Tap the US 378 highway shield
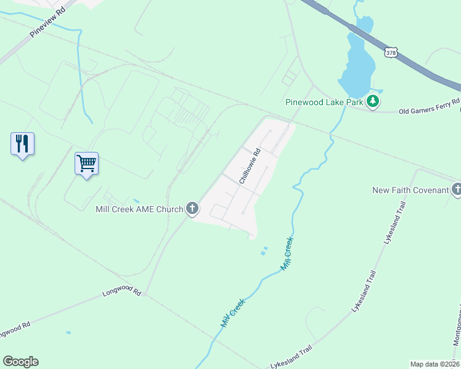click(x=391, y=54)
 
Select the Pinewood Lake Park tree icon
click(x=373, y=101)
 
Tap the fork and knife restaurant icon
click(x=22, y=144)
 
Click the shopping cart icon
click(x=86, y=164)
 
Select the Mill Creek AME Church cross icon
click(x=192, y=209)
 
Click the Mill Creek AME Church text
click(x=139, y=209)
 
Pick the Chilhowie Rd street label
click(x=250, y=166)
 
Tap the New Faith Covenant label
click(x=410, y=190)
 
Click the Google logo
click(x=20, y=362)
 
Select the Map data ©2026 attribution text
click(x=434, y=364)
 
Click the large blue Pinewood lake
click(x=358, y=61)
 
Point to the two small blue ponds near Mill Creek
click(x=264, y=250)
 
